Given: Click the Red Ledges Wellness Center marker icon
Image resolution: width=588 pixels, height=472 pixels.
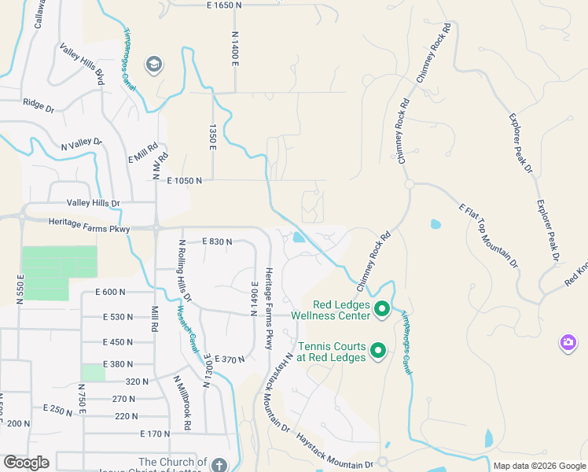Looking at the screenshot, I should pos(382,308).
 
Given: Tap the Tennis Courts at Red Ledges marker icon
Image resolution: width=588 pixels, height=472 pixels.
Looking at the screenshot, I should pos(378,351).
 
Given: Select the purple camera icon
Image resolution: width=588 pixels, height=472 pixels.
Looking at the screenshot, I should pos(568,342).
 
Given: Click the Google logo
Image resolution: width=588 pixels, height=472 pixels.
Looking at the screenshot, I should pos(26,463).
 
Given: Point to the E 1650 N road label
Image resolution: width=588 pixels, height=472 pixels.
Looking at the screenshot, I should pos(230,6).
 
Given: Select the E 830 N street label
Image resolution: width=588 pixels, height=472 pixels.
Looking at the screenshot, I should pos(217,242).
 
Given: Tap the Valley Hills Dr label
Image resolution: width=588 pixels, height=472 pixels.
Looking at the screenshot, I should pos(93,203).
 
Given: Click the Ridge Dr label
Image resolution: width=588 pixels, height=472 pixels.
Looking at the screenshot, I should pos(38,104).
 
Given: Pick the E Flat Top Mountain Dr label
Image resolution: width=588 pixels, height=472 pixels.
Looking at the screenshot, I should pos(488,235).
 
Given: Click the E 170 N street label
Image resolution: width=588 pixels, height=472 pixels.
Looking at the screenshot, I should pos(155,433).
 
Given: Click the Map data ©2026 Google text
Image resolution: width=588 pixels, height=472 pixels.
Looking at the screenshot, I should pos(538,466).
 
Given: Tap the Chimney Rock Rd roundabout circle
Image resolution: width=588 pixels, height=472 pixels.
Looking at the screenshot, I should pos(410,184).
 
